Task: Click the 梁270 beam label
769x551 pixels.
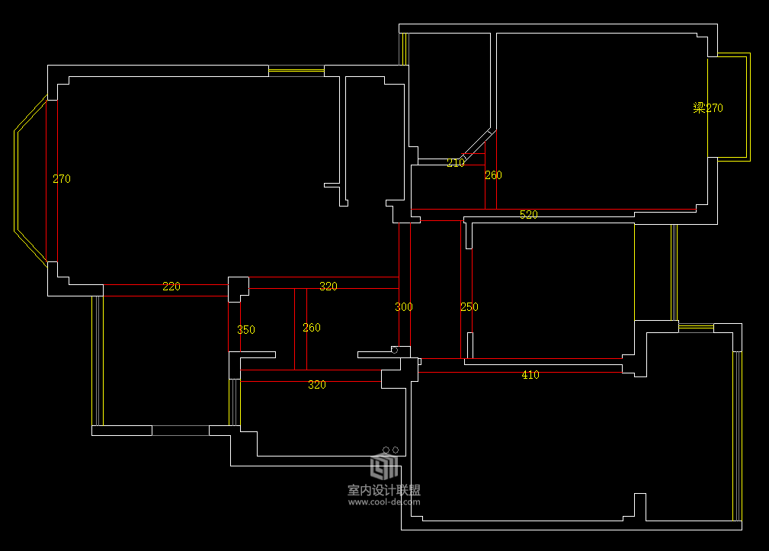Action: (x=708, y=108)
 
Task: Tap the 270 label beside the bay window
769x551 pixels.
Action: (x=61, y=179)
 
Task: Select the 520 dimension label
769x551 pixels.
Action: (x=529, y=215)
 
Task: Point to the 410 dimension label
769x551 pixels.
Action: (x=530, y=375)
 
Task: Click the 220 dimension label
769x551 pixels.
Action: (x=171, y=287)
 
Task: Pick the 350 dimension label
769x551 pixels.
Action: (x=246, y=330)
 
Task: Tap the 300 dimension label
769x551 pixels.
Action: (x=404, y=307)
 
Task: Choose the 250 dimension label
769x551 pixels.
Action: (x=469, y=307)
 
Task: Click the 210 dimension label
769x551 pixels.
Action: (x=456, y=163)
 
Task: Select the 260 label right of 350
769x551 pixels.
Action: (x=312, y=328)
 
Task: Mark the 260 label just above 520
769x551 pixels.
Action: (x=493, y=175)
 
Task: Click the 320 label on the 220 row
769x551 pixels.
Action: (x=328, y=287)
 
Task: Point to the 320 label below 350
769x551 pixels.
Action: (x=317, y=385)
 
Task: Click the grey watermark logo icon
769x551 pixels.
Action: (x=384, y=466)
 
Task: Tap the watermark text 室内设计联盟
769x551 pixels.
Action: (x=384, y=490)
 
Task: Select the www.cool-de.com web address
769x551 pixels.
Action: (x=384, y=502)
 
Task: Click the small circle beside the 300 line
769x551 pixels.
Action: (x=394, y=350)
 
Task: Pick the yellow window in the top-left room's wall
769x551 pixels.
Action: (x=296, y=71)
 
